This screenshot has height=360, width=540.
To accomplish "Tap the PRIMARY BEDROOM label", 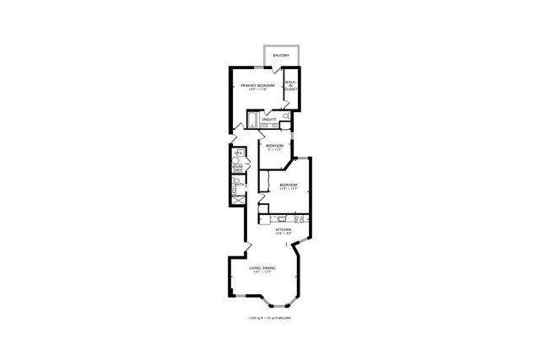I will [x=256, y=85].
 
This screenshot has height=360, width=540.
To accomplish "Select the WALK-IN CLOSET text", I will [x=291, y=85].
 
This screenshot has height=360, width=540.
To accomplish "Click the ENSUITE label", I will [x=270, y=120].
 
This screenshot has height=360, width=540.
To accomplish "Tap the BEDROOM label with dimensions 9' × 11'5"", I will [x=273, y=146].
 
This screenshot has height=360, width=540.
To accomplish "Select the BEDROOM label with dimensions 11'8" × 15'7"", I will [x=289, y=185].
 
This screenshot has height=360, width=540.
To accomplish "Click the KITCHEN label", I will [x=283, y=229].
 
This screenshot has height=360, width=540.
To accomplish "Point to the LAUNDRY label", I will [x=238, y=169].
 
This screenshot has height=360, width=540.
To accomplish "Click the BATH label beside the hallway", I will [x=240, y=185].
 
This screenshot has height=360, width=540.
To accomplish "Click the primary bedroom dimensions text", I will [x=256, y=89].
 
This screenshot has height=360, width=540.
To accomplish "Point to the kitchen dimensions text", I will [x=283, y=234].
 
